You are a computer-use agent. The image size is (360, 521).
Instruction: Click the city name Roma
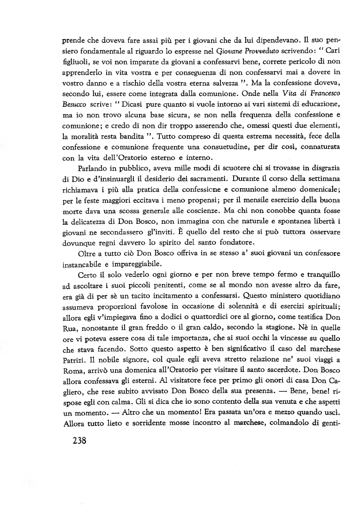[72, 380]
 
